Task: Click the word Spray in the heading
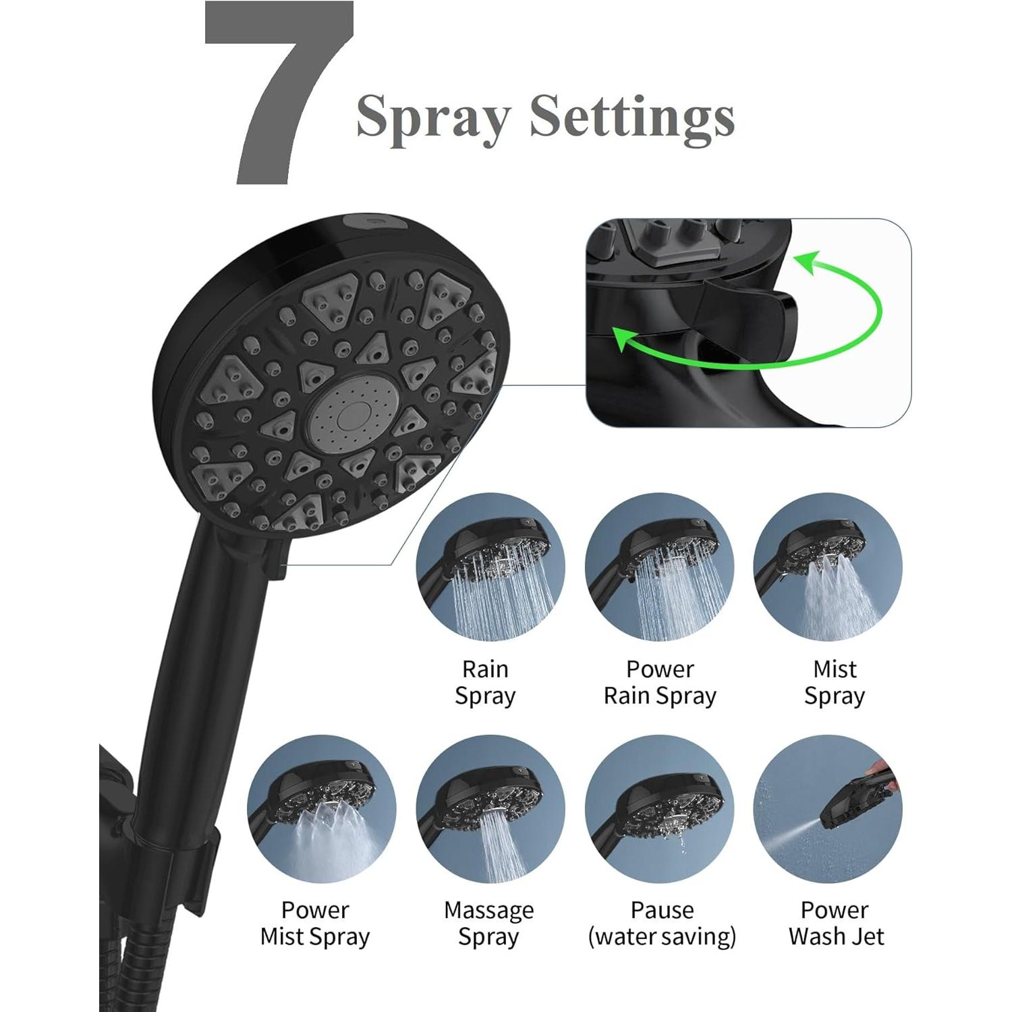point(432,116)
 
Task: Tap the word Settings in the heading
point(631,116)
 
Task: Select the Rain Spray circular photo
point(490,567)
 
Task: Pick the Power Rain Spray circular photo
point(659,567)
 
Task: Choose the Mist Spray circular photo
point(828,567)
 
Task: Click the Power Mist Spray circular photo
point(321,808)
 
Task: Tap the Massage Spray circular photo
point(490,808)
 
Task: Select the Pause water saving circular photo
point(659,808)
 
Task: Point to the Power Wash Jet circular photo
point(828,808)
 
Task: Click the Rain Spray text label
point(485,682)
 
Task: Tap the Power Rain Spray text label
point(660,682)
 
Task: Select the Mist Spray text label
point(835,682)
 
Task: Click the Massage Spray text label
point(488,923)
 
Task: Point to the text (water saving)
point(662,936)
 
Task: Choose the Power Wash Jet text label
point(835,923)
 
